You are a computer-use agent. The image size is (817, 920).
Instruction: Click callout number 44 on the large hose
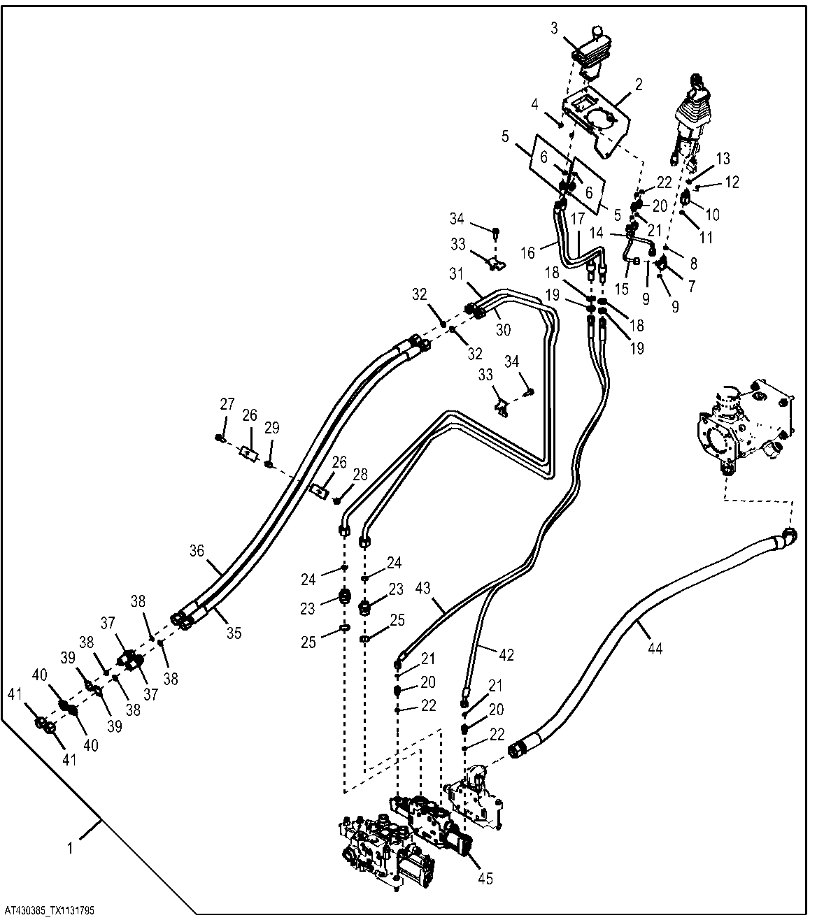655,649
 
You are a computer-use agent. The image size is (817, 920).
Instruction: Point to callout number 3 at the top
554,28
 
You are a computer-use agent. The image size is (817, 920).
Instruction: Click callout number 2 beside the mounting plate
639,85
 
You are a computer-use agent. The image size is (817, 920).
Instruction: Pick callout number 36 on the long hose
197,551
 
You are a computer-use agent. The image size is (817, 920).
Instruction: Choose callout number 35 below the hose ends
234,633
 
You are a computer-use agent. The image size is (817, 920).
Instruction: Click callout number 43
422,588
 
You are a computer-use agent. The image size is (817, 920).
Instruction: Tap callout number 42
506,654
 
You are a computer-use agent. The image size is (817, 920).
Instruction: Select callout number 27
227,403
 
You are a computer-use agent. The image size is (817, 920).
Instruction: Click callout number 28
360,475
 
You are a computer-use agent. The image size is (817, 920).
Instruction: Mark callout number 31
456,274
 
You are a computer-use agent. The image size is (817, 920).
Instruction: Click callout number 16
527,253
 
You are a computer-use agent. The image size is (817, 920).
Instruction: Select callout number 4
534,104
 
